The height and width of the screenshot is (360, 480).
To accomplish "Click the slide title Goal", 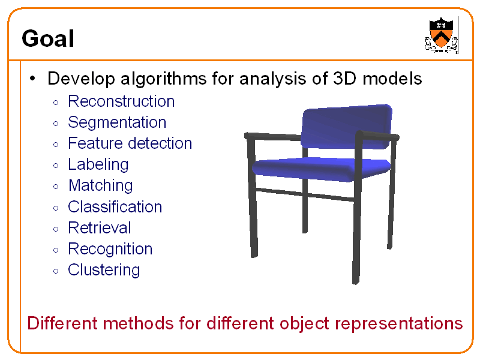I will click(48, 39).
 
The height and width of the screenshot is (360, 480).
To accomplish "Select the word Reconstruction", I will click(121, 101).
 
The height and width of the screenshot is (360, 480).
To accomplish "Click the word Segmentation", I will click(117, 122).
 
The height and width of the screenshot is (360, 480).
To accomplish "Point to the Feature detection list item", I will click(130, 143).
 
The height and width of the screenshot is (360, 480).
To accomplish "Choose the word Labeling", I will click(98, 164).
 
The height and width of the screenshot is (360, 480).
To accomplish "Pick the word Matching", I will click(100, 185).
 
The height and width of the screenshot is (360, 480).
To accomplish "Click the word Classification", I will click(115, 207).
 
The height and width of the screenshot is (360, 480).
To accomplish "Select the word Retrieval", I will click(99, 228).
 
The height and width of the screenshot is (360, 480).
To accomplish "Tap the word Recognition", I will click(110, 249).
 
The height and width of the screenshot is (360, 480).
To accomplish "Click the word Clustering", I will click(104, 270).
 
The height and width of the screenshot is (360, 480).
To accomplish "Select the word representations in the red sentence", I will click(398, 323).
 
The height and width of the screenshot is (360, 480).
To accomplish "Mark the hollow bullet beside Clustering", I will click(55, 271).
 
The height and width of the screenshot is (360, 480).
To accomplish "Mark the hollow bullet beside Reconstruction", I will click(55, 102).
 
